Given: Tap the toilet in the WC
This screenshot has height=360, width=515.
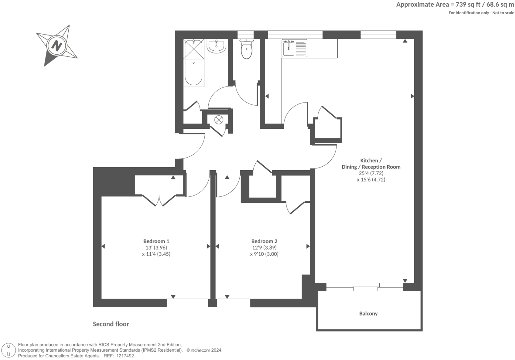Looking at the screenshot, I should coord(246,49).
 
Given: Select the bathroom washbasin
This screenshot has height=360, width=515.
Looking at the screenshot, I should coord(217,46).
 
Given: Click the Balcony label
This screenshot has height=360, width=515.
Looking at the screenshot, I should coord(368,314).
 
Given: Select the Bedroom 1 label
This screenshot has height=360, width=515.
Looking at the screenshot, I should coord(156,241).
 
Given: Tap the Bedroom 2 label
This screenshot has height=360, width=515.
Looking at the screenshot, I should coord(264,241).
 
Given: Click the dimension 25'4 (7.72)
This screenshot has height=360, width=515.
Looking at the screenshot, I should coord(371,173).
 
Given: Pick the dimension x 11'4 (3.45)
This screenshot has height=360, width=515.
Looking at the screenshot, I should coord(156,254).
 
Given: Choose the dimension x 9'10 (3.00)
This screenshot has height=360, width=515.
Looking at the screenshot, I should coord(264,254).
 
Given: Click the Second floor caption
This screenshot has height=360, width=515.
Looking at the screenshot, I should coord(111,324).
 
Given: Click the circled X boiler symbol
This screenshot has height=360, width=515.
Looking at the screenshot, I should coord(219,120).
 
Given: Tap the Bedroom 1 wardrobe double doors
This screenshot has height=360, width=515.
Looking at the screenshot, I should coord(159,201).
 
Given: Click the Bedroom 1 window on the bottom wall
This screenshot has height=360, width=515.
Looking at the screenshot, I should coord(187,303).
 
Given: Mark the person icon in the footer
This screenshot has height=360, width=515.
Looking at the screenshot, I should coord(9,350).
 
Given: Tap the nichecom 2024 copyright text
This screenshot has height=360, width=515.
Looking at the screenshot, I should coord(204,350).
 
